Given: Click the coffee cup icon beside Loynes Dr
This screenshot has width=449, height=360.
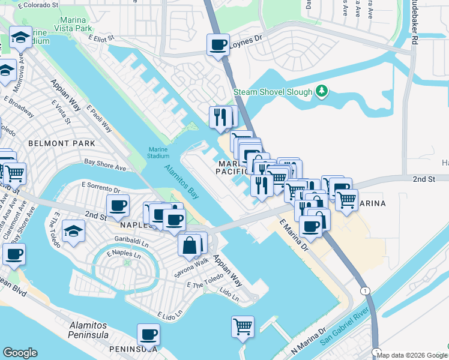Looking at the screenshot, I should (x=218, y=44).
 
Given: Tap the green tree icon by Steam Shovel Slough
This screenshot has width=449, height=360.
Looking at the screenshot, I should (x=322, y=91).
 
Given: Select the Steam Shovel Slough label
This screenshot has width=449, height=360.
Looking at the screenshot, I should (x=273, y=92).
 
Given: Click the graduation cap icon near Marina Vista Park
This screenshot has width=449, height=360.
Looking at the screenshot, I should (x=21, y=38).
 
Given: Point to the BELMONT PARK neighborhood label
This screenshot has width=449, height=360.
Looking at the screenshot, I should (x=61, y=143).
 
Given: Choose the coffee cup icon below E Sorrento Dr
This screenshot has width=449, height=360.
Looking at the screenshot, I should (x=118, y=206).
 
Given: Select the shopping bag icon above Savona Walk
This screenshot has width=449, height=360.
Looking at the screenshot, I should (x=189, y=245).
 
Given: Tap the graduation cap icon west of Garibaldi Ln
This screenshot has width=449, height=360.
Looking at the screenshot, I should (x=73, y=232).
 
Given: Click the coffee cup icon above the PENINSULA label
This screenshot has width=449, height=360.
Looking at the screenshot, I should (x=148, y=334).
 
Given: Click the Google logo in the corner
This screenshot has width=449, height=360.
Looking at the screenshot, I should (x=20, y=353).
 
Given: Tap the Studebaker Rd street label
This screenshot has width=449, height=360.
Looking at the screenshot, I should (x=414, y=24).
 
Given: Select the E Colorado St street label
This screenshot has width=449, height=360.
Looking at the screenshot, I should (x=39, y=6).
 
